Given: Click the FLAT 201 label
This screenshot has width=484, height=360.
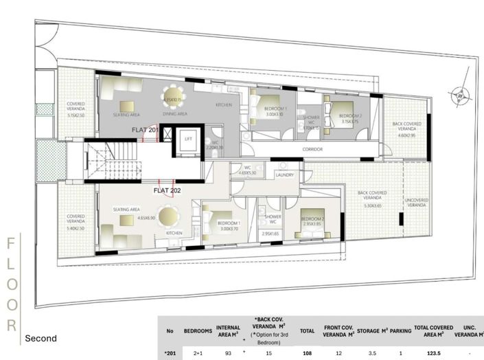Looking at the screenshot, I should (146, 129).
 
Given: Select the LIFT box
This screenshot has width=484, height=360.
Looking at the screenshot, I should (187, 138).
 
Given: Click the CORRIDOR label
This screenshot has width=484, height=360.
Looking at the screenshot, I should (312, 148).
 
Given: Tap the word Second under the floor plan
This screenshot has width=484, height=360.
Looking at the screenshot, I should (41, 339).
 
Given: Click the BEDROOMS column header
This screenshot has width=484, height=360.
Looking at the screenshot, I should (198, 330).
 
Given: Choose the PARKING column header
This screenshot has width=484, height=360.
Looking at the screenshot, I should (400, 330).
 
